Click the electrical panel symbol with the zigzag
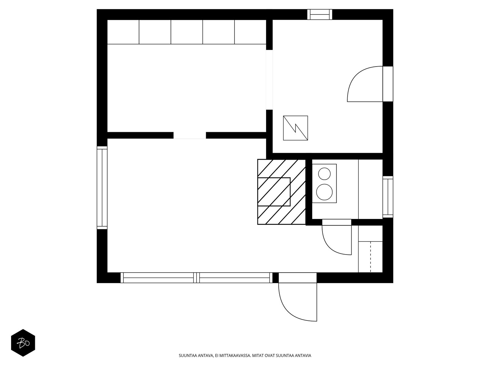[295, 128]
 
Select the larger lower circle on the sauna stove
[324, 192]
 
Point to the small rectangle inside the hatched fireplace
[274, 192]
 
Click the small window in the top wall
[320, 14]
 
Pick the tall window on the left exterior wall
[102, 187]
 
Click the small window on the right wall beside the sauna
[388, 197]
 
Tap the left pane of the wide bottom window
[158, 278]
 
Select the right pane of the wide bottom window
[235, 278]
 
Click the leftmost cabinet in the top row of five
[123, 32]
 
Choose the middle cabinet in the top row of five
[187, 32]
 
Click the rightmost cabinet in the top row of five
[250, 32]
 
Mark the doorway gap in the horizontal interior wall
[190, 135]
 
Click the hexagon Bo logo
[23, 343]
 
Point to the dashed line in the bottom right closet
[371, 256]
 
